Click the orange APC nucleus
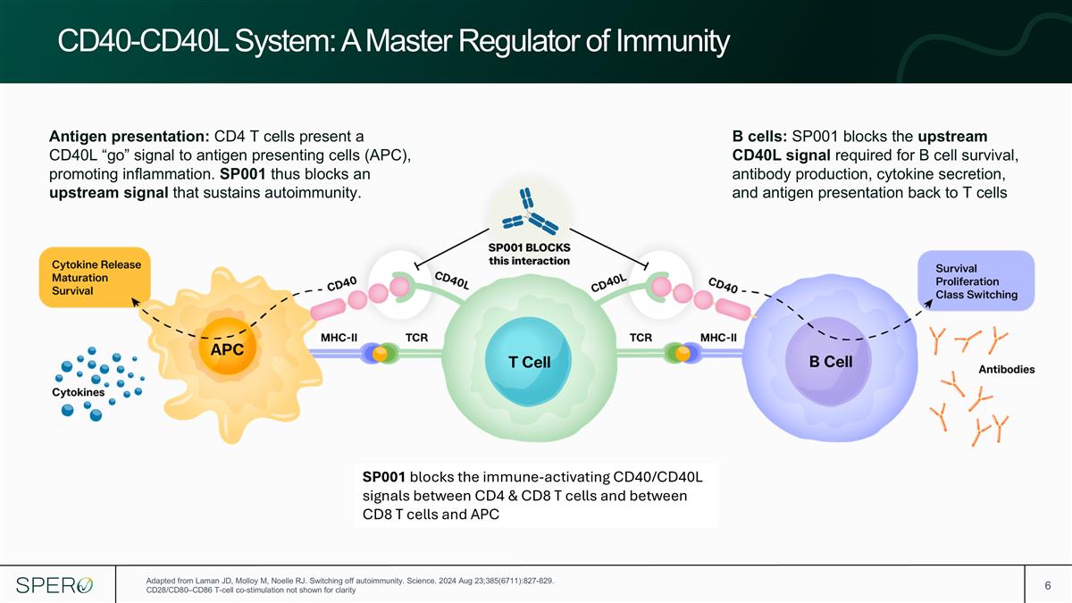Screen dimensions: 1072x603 click(x=228, y=346)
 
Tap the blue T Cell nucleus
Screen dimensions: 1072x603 click(x=528, y=362)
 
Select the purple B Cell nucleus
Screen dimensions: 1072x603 click(x=828, y=361)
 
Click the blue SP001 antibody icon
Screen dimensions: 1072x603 click(x=529, y=212)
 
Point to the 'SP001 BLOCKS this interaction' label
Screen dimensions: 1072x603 click(x=529, y=254)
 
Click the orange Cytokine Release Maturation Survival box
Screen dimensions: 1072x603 click(x=95, y=277)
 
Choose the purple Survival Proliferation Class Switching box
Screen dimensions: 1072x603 click(x=976, y=281)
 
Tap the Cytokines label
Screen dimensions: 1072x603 click(x=78, y=392)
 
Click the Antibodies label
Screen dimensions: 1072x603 click(x=1007, y=370)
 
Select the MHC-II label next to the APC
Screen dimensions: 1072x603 click(x=339, y=338)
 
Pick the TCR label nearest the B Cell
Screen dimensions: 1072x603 click(x=641, y=338)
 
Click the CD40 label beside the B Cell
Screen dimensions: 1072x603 click(x=723, y=286)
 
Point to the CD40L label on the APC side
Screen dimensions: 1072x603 click(x=452, y=281)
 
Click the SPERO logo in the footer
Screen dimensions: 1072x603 click(x=54, y=585)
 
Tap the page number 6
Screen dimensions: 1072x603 click(x=1048, y=586)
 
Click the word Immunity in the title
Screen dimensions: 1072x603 click(x=673, y=41)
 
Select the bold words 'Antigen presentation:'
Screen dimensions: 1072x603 click(x=130, y=137)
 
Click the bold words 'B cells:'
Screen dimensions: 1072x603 click(x=759, y=137)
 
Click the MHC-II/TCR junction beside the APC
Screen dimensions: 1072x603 click(x=380, y=354)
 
